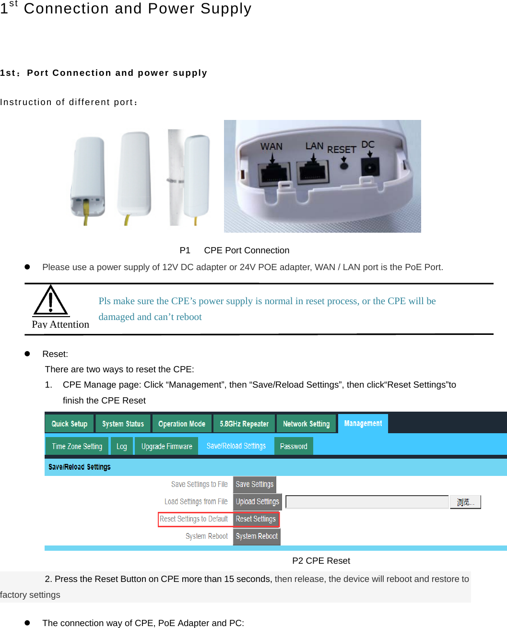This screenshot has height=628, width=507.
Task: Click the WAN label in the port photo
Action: pyautogui.click(x=271, y=146)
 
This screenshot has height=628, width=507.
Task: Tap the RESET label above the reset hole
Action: pyautogui.click(x=342, y=150)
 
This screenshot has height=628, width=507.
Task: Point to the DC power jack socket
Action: pyautogui.click(x=370, y=169)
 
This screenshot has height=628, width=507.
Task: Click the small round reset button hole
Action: pyautogui.click(x=344, y=166)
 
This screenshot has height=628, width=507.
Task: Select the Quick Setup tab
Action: pyautogui.click(x=70, y=424)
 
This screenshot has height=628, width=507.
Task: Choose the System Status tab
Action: pyautogui.click(x=123, y=424)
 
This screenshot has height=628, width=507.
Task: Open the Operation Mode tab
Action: pyautogui.click(x=182, y=424)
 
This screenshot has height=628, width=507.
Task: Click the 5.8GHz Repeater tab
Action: pyautogui.click(x=244, y=424)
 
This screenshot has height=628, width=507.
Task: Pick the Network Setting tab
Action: pyautogui.click(x=306, y=424)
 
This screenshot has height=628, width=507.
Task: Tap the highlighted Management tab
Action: pyautogui.click(x=363, y=423)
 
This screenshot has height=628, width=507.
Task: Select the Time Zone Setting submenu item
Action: pyautogui.click(x=77, y=446)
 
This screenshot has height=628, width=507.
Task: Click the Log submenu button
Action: pyautogui.click(x=121, y=446)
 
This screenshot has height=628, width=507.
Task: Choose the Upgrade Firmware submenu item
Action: pyautogui.click(x=166, y=446)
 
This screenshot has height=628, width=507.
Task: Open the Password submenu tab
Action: pyautogui.click(x=294, y=446)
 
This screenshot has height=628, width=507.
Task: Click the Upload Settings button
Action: pyautogui.click(x=257, y=501)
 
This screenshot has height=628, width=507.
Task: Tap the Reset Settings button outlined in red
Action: pyautogui.click(x=256, y=519)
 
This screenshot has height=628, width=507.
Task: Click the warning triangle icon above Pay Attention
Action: pyautogui.click(x=50, y=301)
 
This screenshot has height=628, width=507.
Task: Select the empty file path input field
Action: pyautogui.click(x=367, y=502)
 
